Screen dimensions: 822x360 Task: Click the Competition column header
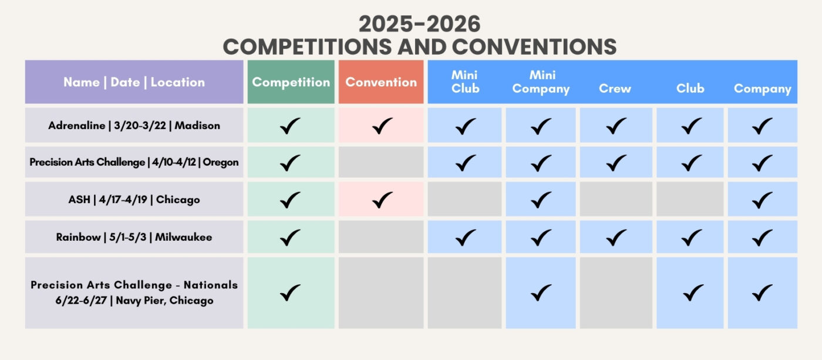(291, 82)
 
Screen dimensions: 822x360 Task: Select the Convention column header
(381, 82)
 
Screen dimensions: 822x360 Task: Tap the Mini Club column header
(465, 82)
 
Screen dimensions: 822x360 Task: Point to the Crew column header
(615, 89)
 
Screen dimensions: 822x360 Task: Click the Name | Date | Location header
(134, 82)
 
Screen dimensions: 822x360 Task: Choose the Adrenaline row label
(134, 126)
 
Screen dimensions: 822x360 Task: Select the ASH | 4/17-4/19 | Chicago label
(134, 200)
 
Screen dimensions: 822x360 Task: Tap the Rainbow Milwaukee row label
(134, 237)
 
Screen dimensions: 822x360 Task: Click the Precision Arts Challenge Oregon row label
(134, 162)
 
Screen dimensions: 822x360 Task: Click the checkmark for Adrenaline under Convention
(382, 126)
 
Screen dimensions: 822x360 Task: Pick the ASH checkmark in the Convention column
(382, 200)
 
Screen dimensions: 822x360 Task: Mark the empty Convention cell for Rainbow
(381, 237)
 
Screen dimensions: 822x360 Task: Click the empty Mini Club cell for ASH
(464, 199)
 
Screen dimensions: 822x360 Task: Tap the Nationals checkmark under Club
(693, 292)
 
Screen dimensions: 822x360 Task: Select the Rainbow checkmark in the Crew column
(616, 237)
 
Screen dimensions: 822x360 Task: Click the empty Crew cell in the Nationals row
(616, 293)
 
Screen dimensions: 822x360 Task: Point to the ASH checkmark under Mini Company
(541, 200)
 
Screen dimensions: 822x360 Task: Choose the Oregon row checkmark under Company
(762, 163)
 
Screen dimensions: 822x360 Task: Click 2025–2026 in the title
(419, 24)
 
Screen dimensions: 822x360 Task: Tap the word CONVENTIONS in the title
(534, 47)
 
